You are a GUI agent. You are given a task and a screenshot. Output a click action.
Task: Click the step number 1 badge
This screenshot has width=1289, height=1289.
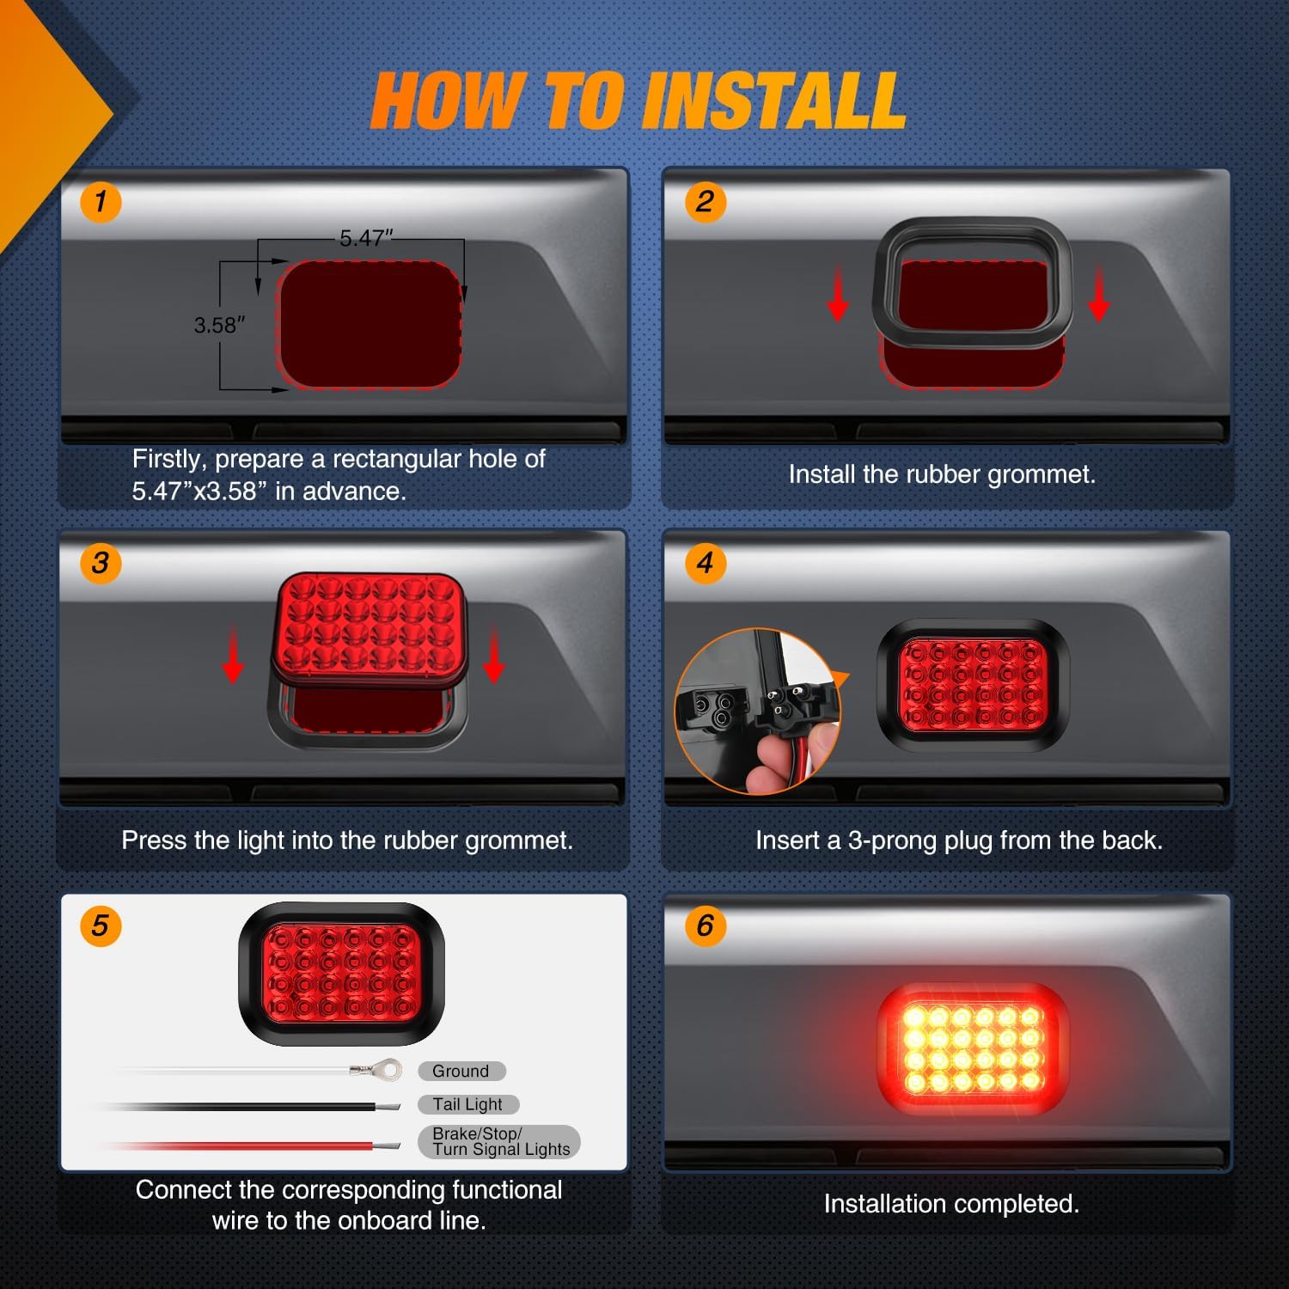(x=101, y=203)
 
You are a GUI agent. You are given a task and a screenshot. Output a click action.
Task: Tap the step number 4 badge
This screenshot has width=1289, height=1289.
(x=705, y=564)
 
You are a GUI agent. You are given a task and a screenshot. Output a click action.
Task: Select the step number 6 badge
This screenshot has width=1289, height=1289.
(x=705, y=926)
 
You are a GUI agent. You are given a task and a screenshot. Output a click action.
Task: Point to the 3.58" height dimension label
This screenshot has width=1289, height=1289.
(x=219, y=326)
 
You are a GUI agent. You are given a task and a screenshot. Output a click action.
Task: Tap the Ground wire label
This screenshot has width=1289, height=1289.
(x=461, y=1072)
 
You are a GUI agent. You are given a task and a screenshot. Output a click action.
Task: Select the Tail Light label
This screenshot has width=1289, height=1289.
(x=467, y=1104)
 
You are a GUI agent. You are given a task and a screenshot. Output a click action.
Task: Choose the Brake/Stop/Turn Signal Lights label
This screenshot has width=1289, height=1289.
(x=499, y=1142)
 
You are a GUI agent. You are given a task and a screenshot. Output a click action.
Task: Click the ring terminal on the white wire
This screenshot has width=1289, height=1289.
(x=388, y=1070)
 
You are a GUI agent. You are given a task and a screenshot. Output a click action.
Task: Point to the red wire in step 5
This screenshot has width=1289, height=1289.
(x=258, y=1145)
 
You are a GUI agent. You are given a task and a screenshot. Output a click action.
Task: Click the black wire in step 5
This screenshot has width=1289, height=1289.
(x=258, y=1107)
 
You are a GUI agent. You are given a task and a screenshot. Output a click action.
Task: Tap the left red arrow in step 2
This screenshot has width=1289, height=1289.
(x=838, y=296)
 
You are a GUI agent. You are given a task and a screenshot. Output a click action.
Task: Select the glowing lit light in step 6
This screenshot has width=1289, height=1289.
(x=973, y=1048)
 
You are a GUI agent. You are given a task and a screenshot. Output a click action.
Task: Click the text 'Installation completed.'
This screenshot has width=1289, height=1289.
(x=951, y=1204)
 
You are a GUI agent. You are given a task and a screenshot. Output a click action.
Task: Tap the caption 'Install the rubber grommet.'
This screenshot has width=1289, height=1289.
(x=942, y=474)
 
